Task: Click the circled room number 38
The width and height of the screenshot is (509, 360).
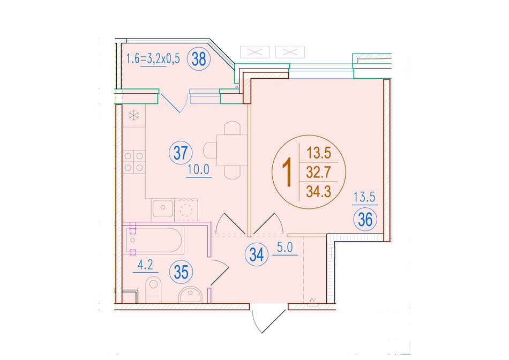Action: [199, 59]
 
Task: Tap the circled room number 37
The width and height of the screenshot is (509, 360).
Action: [181, 153]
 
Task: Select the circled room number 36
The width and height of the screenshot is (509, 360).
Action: [365, 220]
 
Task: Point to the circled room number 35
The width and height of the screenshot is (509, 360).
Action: [181, 272]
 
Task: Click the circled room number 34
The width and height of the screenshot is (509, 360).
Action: [257, 255]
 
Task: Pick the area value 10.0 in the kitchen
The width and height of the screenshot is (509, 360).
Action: [199, 169]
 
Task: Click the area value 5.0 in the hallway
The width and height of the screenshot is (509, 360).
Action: [285, 247]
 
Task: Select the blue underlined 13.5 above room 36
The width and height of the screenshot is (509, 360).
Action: [364, 197]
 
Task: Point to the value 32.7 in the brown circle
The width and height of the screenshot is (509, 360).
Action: [318, 172]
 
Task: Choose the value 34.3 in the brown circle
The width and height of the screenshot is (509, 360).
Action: [318, 192]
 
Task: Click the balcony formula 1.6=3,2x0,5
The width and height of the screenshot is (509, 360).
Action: [153, 59]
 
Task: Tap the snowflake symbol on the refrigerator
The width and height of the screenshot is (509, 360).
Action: [134, 115]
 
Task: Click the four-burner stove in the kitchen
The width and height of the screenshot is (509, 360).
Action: [134, 162]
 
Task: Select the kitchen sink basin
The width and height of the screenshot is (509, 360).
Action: [163, 209]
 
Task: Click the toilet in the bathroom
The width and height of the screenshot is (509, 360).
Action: [154, 289]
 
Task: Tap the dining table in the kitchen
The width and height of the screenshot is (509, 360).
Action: [232, 150]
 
